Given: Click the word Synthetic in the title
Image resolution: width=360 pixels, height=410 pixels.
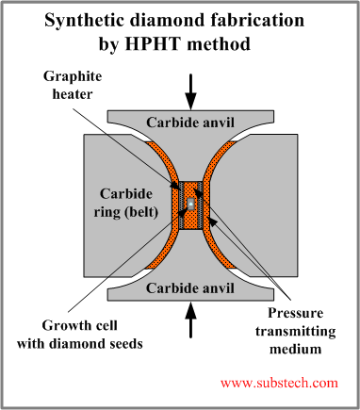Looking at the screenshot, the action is pyautogui.click(x=85, y=22).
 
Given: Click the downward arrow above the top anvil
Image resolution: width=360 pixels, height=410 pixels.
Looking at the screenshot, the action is pyautogui.click(x=190, y=91).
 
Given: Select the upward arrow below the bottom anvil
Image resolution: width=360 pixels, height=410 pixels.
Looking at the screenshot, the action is pyautogui.click(x=190, y=320).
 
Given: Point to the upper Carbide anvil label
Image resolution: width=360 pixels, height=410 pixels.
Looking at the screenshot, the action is pyautogui.click(x=190, y=123).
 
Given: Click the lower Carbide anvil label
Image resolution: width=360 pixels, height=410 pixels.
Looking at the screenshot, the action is pyautogui.click(x=190, y=288).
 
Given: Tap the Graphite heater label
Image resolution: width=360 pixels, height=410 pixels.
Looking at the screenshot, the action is pyautogui.click(x=73, y=85).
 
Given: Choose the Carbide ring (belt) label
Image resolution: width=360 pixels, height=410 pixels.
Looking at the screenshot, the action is pyautogui.click(x=126, y=204).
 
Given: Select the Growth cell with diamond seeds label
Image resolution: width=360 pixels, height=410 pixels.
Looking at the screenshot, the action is pyautogui.click(x=80, y=335).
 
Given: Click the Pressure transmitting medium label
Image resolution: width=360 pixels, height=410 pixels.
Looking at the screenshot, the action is pyautogui.click(x=295, y=331).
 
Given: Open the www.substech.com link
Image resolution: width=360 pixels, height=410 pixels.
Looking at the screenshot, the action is pyautogui.click(x=279, y=383).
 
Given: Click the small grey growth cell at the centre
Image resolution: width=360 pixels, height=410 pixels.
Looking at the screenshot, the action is pyautogui.click(x=190, y=204).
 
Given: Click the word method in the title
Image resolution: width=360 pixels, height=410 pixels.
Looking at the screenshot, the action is pyautogui.click(x=219, y=43).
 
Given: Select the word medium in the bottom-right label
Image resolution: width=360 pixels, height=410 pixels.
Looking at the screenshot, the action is pyautogui.click(x=296, y=349).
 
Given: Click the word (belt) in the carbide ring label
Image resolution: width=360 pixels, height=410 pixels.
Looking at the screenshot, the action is pyautogui.click(x=141, y=213).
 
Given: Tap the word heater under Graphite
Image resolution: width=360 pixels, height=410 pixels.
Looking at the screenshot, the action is pyautogui.click(x=73, y=94).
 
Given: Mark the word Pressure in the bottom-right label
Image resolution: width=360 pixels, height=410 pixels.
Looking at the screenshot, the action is pyautogui.click(x=296, y=313).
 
